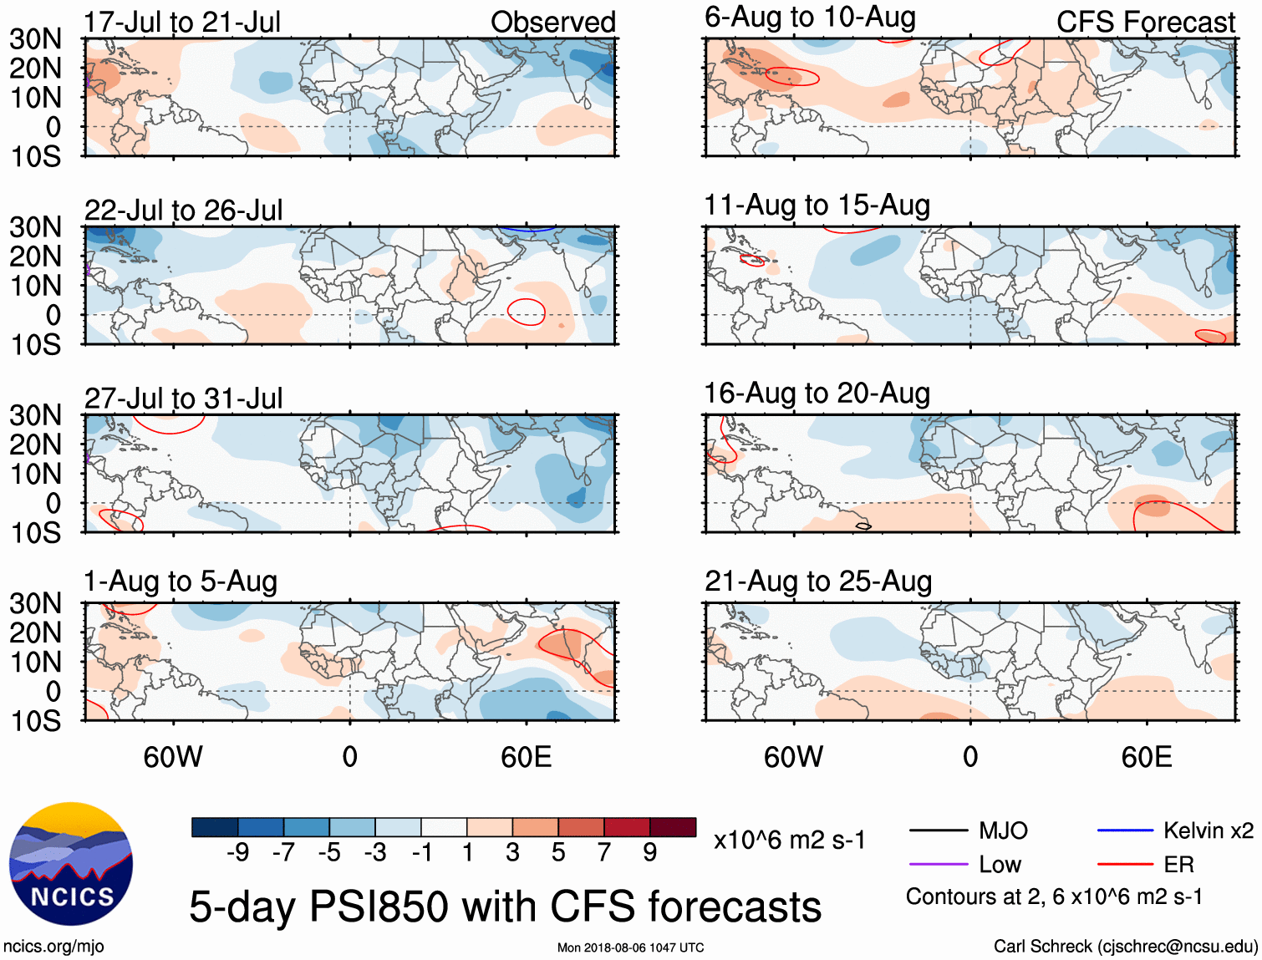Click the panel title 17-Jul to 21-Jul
(182, 22)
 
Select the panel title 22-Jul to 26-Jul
(184, 210)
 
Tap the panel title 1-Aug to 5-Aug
(181, 582)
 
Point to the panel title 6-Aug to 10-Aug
(810, 18)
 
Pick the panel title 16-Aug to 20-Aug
(817, 393)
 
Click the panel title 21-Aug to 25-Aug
(818, 582)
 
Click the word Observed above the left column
(552, 22)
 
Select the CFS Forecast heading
(1145, 22)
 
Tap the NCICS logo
(71, 864)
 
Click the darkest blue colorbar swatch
(215, 827)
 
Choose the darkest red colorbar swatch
(673, 827)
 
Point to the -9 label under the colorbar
(237, 852)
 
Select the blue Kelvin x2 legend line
(1125, 830)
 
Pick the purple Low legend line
(939, 865)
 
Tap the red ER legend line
(1125, 865)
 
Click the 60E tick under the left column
(527, 757)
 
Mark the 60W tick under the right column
(793, 757)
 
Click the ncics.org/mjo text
(53, 947)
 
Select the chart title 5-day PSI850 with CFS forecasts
(505, 907)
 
